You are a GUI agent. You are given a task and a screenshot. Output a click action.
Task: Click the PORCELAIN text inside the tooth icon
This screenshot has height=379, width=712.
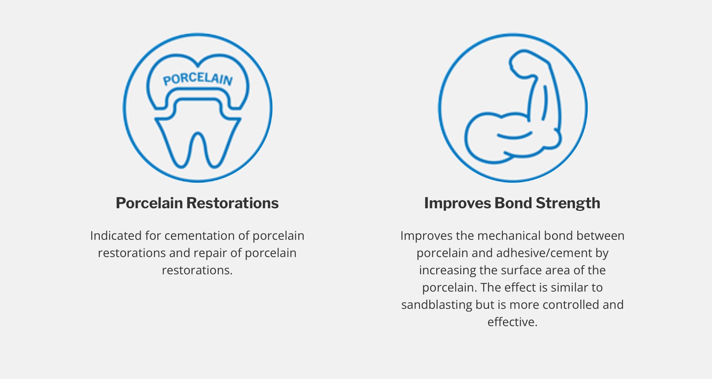pos(198,79)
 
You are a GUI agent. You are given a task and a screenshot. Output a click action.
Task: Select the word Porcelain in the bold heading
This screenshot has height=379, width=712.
pos(149,203)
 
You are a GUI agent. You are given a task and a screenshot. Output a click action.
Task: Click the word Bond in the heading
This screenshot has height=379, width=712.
pos(513,203)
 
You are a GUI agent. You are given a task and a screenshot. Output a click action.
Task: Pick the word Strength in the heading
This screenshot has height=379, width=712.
pos(568,203)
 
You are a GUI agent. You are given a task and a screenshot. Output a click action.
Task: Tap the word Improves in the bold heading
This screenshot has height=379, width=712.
pos(458,203)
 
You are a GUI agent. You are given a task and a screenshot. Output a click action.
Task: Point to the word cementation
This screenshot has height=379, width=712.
pos(200,236)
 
